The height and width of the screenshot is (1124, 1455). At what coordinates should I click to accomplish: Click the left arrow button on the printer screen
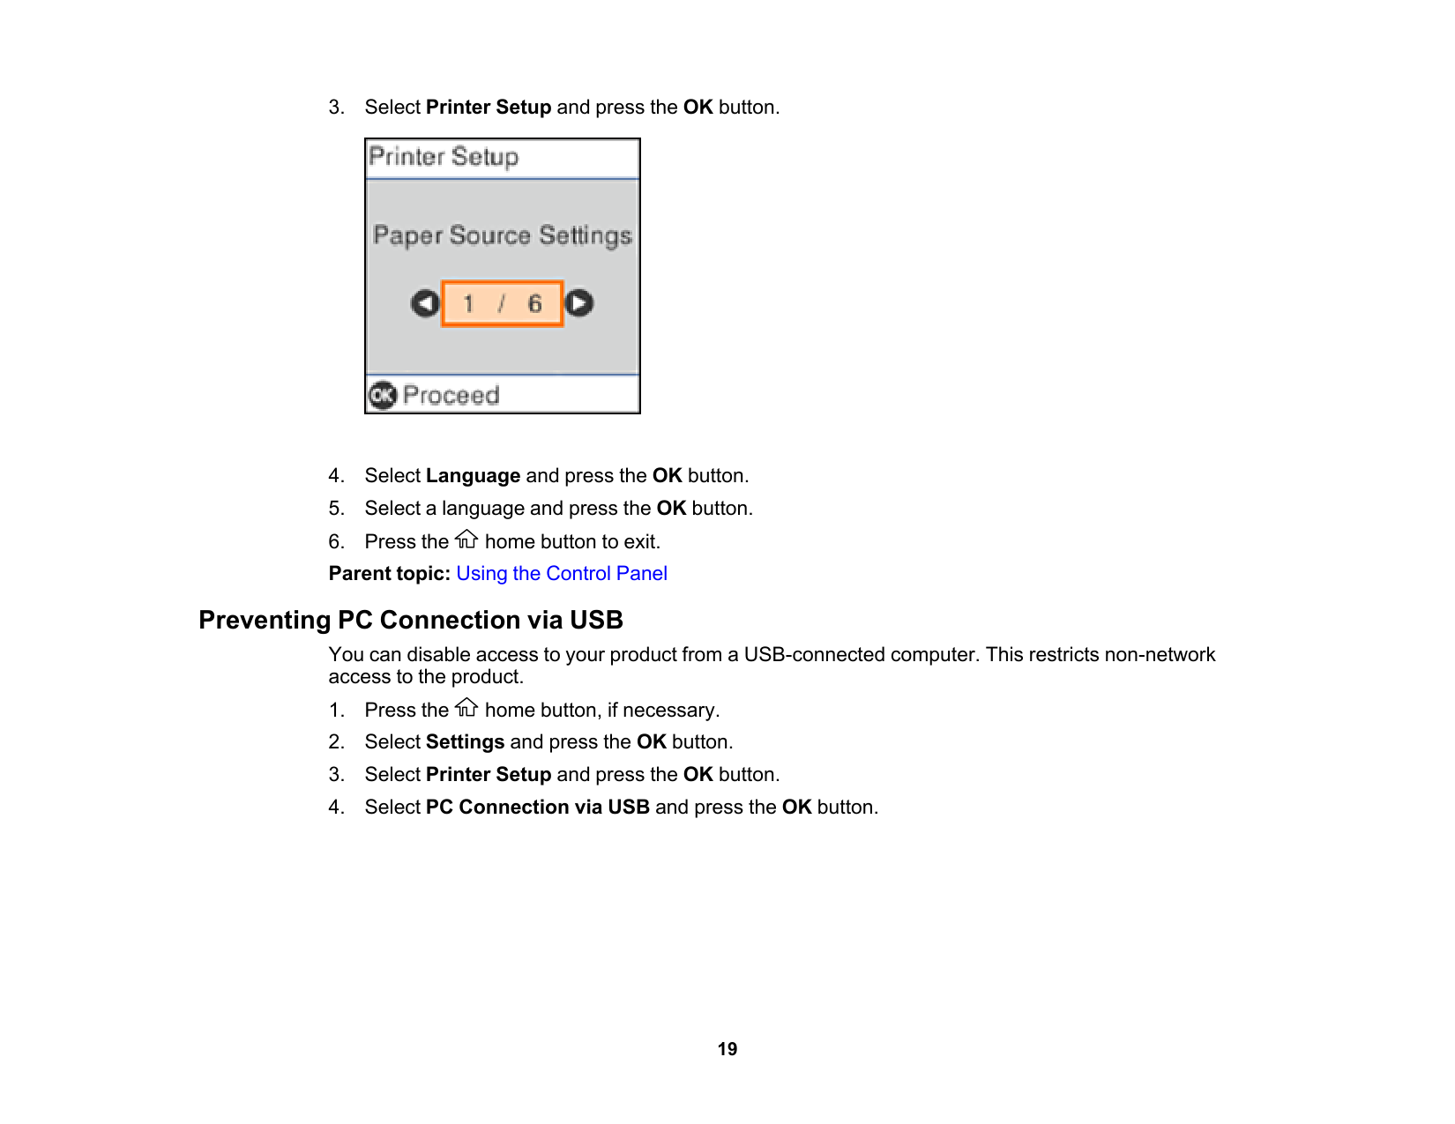pos(425,304)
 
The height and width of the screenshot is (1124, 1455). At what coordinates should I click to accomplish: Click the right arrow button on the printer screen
pos(579,303)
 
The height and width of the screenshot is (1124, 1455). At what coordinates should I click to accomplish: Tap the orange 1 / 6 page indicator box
pos(502,304)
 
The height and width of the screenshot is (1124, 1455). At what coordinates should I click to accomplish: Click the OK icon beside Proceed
pos(383,396)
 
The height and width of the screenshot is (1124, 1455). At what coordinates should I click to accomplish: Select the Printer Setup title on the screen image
pos(444,158)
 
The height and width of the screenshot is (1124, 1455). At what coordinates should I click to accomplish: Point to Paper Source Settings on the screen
pos(503,236)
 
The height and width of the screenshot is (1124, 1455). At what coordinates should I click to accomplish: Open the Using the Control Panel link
pos(561,574)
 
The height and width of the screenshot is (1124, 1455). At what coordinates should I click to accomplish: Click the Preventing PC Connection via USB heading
pos(411,621)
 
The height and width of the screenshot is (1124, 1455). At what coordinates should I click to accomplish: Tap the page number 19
pos(727,1049)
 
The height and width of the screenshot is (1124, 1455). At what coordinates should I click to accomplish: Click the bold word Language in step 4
pos(473,476)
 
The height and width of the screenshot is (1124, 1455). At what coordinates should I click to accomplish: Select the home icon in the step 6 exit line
pos(466,539)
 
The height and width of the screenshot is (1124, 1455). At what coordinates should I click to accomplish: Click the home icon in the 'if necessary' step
pos(466,708)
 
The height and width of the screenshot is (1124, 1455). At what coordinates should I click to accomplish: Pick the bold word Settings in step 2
pos(465,742)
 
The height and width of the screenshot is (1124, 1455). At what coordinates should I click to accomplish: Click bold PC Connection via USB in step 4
pos(537,808)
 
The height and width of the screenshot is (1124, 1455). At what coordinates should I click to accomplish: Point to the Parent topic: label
pos(389,574)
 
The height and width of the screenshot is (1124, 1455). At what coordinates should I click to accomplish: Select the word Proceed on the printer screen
pos(451,396)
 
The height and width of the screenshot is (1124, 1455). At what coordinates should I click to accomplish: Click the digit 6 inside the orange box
pos(534,304)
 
